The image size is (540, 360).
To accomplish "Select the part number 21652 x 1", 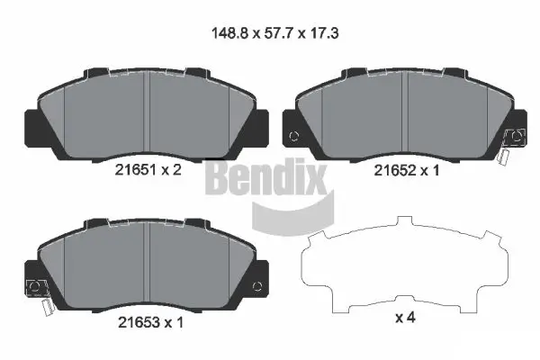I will (406, 167).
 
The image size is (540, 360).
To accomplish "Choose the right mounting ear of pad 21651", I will (263, 126).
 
